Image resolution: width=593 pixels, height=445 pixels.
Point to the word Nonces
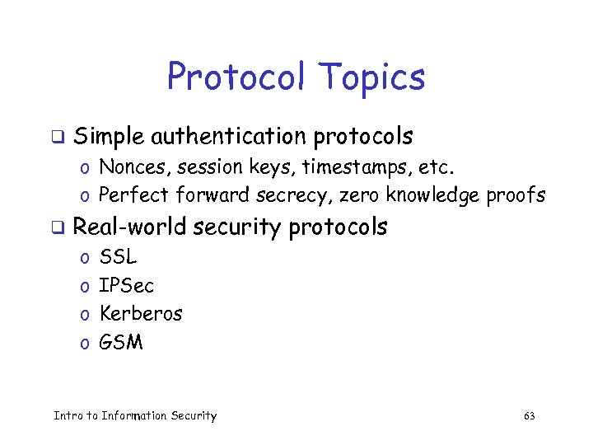pyautogui.click(x=131, y=167)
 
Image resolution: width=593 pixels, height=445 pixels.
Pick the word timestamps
pyautogui.click(x=355, y=168)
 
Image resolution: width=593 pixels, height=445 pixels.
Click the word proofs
pyautogui.click(x=517, y=196)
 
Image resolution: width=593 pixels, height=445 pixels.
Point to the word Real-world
pyautogui.click(x=128, y=227)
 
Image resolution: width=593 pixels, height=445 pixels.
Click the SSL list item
pyautogui.click(x=118, y=258)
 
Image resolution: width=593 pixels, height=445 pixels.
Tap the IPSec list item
pyautogui.click(x=126, y=286)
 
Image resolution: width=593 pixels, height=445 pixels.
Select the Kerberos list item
pyautogui.click(x=140, y=314)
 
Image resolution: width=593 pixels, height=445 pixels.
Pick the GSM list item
pyautogui.click(x=120, y=342)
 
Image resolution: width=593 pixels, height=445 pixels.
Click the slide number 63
pyautogui.click(x=530, y=416)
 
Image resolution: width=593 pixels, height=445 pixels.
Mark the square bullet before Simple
pyautogui.click(x=58, y=136)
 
